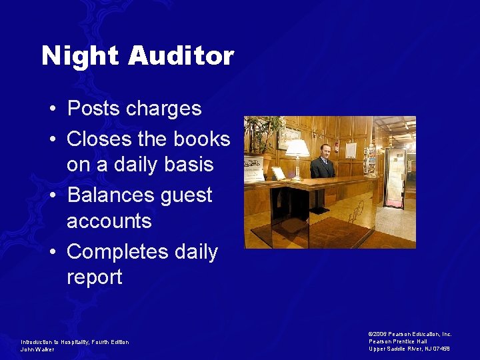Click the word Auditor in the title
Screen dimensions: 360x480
pos(181,56)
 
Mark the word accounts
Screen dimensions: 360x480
pos(109,221)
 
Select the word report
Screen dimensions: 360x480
pos(95,277)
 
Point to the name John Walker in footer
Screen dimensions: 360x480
pos(37,349)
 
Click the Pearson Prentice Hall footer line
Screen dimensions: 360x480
pos(398,341)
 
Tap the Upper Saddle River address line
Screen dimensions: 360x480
pos(409,349)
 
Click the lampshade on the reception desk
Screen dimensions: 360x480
pos(297,147)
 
